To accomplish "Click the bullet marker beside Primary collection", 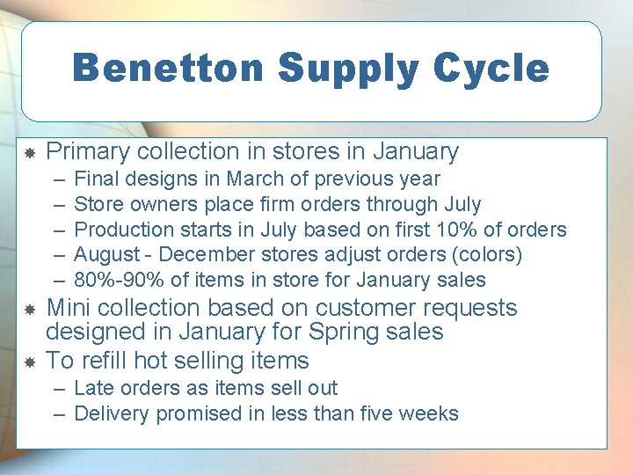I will [28, 153].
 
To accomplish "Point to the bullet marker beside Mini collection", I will [28, 310].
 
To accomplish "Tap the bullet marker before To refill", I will [28, 362].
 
